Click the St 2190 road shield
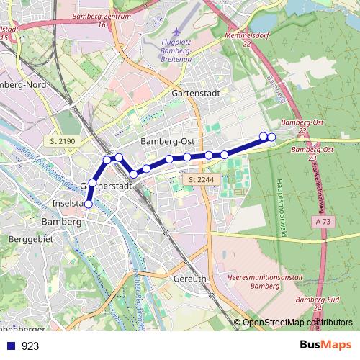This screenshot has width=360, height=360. (63, 141)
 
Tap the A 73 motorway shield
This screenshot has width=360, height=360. (323, 224)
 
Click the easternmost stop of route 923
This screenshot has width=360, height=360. (271, 138)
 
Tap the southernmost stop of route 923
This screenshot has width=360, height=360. (89, 204)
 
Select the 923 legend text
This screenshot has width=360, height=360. (30, 346)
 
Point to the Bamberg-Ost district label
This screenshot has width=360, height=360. (168, 141)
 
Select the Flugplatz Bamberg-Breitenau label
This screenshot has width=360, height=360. (177, 53)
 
